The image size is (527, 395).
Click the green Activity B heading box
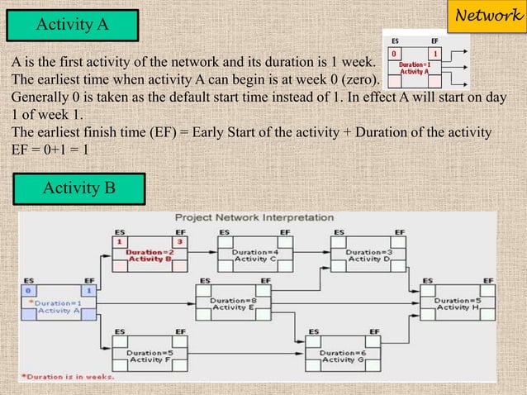[x=79, y=189]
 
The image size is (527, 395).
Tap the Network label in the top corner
[x=493, y=15]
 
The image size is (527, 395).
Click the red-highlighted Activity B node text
[x=150, y=255]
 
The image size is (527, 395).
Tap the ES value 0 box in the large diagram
[x=30, y=291]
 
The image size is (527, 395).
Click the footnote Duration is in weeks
[x=68, y=378]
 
